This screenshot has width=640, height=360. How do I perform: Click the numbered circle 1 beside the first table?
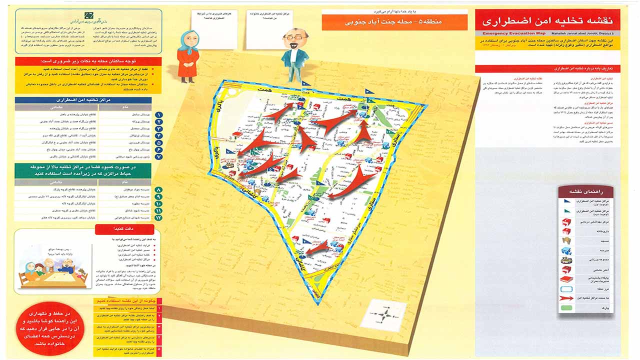pos(158,115)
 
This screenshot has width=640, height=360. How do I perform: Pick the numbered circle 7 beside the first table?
pos(158,156)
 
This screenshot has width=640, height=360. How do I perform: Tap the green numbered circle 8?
pos(158,190)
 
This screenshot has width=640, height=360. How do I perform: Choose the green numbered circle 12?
pos(158,218)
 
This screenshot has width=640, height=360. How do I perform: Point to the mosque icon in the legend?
pos(567,240)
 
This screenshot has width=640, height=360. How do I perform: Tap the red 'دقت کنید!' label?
pos(118,229)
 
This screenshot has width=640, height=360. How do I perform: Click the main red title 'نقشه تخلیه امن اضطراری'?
pos(547,20)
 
